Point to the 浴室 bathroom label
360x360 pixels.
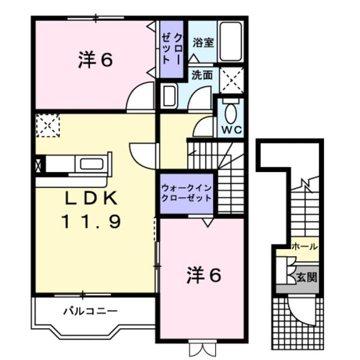202,43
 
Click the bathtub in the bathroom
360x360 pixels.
230,42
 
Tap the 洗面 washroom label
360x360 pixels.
202,76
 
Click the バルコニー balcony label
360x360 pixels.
90,311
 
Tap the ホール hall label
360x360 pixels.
304,247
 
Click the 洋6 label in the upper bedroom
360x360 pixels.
95,60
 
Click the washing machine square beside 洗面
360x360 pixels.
231,79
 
